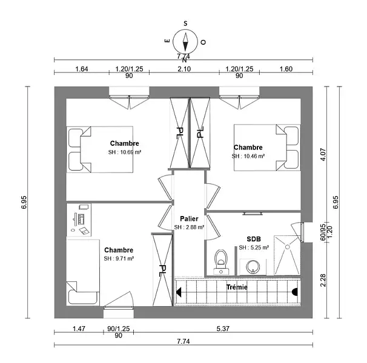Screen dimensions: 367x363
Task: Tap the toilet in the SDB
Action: (221, 262)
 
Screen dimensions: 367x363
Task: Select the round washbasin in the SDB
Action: (253, 267)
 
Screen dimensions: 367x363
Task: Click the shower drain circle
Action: (288, 247)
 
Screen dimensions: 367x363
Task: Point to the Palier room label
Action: (189, 218)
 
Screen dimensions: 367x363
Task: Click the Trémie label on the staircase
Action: (237, 287)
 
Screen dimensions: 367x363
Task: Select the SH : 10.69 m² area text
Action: (125, 152)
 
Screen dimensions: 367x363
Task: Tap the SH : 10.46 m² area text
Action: (248, 156)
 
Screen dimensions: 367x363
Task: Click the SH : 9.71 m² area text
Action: (119, 259)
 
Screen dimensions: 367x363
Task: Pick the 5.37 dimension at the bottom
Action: (223, 329)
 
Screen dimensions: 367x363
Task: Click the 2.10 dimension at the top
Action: (184, 69)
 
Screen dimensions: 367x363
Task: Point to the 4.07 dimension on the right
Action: (323, 155)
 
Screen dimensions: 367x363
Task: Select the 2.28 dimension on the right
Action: (323, 280)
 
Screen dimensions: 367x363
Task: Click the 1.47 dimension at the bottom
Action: (79, 329)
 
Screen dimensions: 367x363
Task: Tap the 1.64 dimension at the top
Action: (82, 69)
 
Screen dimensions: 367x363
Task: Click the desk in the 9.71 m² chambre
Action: (79, 220)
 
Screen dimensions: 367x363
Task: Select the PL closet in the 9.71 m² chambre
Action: (162, 270)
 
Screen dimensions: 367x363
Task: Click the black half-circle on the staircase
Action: (295, 292)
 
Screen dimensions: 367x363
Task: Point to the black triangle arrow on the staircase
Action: (179, 292)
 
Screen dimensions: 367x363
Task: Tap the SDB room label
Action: (254, 239)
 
